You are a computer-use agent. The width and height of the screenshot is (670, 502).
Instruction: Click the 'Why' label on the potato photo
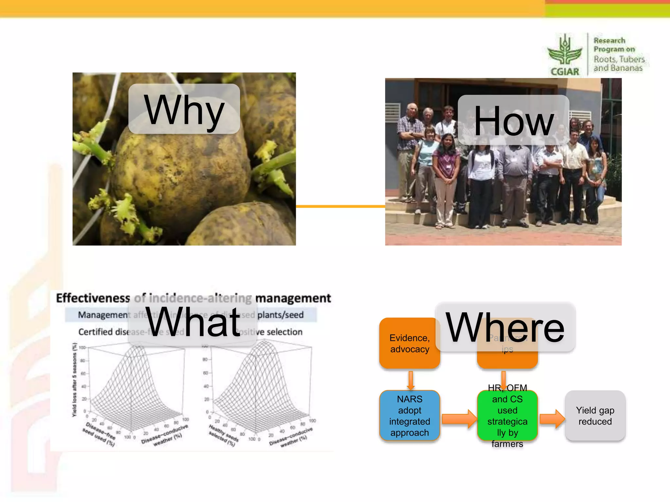184,109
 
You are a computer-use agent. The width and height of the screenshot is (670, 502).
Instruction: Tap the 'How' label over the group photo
513,120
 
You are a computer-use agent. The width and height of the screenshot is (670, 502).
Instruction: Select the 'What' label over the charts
193,322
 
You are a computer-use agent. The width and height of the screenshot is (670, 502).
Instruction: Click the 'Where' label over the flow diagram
505,327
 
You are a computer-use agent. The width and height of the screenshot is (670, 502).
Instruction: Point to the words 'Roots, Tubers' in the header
619,59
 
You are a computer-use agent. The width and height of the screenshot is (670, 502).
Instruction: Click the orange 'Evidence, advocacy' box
409,343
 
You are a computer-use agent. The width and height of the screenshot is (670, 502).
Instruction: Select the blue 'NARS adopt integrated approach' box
409,415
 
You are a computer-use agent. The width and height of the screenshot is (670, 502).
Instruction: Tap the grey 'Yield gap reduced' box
595,415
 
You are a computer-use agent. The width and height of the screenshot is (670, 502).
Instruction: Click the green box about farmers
507,415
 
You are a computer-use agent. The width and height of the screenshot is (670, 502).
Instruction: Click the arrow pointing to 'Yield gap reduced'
552,419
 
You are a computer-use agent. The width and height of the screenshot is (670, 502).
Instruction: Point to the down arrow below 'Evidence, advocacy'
411,380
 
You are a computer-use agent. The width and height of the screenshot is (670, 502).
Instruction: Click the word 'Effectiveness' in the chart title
93,298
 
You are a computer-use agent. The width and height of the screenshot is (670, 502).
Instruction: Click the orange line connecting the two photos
340,206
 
